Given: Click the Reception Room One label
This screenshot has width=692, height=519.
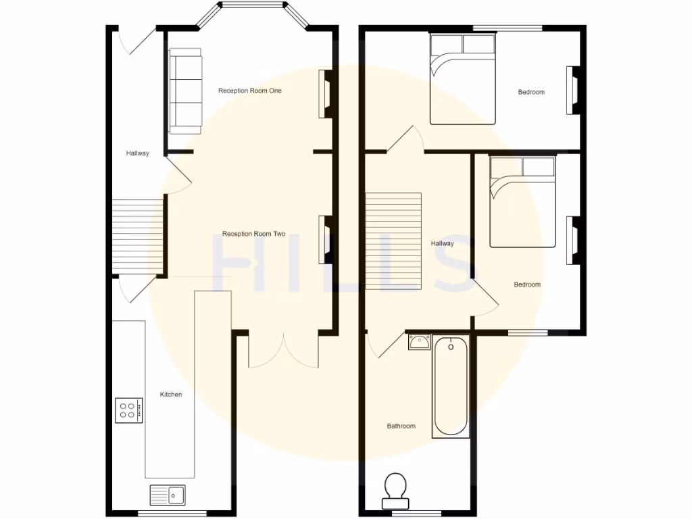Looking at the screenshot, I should pos(249,91).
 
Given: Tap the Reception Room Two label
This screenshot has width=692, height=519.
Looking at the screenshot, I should pos(253,234).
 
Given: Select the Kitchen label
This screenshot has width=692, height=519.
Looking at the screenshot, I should pos(170,394).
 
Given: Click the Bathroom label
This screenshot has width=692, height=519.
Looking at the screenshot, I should pos(401,426).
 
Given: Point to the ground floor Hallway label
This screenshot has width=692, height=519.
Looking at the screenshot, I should pos(137,153).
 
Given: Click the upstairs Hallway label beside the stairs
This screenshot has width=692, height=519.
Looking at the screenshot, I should pos(443,243).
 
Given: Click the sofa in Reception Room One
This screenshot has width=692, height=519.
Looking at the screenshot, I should pos(185,90).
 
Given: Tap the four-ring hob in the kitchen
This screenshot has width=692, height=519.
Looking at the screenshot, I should pos(128,410).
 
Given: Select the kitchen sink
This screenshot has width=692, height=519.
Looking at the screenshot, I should pos(168,495).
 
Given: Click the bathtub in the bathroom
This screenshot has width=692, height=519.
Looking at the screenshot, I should pos(451,387).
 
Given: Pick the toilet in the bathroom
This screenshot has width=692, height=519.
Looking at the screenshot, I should pos(395,491).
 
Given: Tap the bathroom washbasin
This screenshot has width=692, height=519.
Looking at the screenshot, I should pos(419,343).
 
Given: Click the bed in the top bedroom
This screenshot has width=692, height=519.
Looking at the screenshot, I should pos(463,80).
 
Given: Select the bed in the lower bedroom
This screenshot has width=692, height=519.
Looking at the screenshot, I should pos(522,202).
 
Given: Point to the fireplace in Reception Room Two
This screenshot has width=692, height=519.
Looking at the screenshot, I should pos(325,239).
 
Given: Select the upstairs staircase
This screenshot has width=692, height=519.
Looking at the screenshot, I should pos(393,241).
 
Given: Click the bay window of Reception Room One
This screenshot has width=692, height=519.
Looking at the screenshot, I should pos(253,7).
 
